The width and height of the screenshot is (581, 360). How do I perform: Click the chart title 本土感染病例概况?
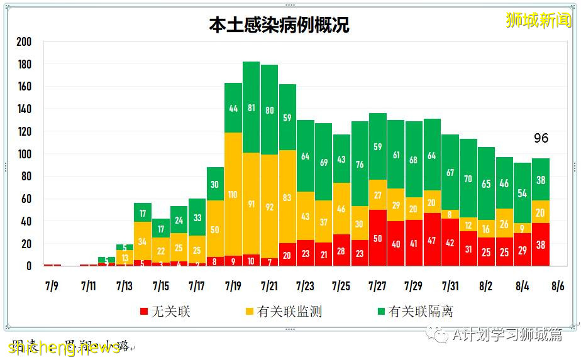(x=279, y=25)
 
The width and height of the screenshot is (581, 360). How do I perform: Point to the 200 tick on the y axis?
(x=24, y=42)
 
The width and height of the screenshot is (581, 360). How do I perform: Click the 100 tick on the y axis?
(x=24, y=154)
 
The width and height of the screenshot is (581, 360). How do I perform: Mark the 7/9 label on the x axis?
(x=52, y=286)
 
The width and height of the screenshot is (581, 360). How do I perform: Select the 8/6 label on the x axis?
(x=557, y=286)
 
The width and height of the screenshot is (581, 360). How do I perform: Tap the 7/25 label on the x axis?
(x=341, y=286)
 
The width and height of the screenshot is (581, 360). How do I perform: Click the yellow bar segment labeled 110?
(x=233, y=195)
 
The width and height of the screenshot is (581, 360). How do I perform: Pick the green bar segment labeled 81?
(x=252, y=107)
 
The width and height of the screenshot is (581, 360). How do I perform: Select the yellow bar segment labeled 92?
(x=269, y=206)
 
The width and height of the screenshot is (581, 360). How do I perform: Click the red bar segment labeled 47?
(x=432, y=239)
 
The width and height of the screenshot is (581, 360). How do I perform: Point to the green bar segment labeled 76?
(x=360, y=164)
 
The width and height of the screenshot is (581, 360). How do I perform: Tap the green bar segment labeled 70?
(x=468, y=178)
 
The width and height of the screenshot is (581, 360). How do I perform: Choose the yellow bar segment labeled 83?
(x=287, y=197)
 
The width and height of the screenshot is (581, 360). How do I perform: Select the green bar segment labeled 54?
(x=522, y=193)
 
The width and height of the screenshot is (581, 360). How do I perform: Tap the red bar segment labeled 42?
(x=450, y=242)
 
